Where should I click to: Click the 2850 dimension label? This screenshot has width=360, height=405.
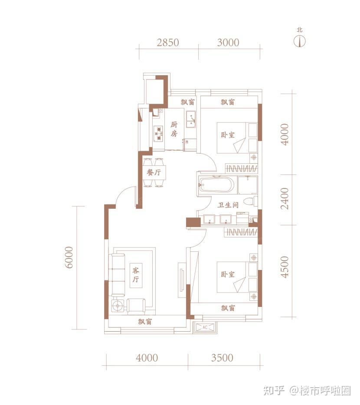pyautogui.click(x=168, y=43)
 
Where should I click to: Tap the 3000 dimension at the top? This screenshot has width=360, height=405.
pyautogui.click(x=228, y=43)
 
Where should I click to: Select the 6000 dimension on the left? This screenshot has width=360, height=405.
pyautogui.click(x=69, y=257)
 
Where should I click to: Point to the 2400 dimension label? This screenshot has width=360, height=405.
pyautogui.click(x=285, y=198)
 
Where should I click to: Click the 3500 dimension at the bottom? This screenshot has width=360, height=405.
pyautogui.click(x=222, y=358)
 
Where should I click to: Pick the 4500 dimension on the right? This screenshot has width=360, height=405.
pyautogui.click(x=285, y=267)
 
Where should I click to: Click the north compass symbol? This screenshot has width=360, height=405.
pyautogui.click(x=300, y=41)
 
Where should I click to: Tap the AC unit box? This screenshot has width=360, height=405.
pyautogui.click(x=205, y=327)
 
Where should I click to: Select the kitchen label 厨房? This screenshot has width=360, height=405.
pyautogui.click(x=174, y=129)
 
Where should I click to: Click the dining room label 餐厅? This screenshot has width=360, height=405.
pyautogui.click(x=154, y=172)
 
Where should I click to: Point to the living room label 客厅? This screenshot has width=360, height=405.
pyautogui.click(x=136, y=275)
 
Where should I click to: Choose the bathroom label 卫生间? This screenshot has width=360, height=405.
pyautogui.click(x=228, y=205)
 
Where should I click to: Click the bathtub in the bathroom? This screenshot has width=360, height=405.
pyautogui.click(x=216, y=184)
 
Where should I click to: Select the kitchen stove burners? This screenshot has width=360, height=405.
pyautogui.click(x=158, y=134)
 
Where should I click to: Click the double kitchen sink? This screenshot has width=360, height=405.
pyautogui.click(x=191, y=119)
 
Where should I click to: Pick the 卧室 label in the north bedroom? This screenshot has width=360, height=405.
pyautogui.click(x=228, y=135)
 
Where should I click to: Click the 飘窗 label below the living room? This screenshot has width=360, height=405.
pyautogui.click(x=145, y=322)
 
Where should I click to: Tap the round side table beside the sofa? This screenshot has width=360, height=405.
pyautogui.click(x=118, y=306)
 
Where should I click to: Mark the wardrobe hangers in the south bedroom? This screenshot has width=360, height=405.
pyautogui.click(x=241, y=232)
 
